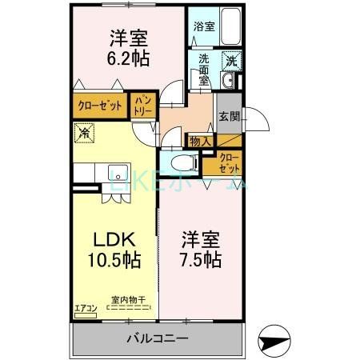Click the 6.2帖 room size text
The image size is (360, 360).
tap(127, 58)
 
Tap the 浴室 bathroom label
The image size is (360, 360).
tap(204, 26)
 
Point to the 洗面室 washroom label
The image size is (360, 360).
tap(204, 70)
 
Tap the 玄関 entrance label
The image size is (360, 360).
tap(228, 116)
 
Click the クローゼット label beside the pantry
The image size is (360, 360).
tap(99, 106)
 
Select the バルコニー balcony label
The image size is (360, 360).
tap(158, 338)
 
